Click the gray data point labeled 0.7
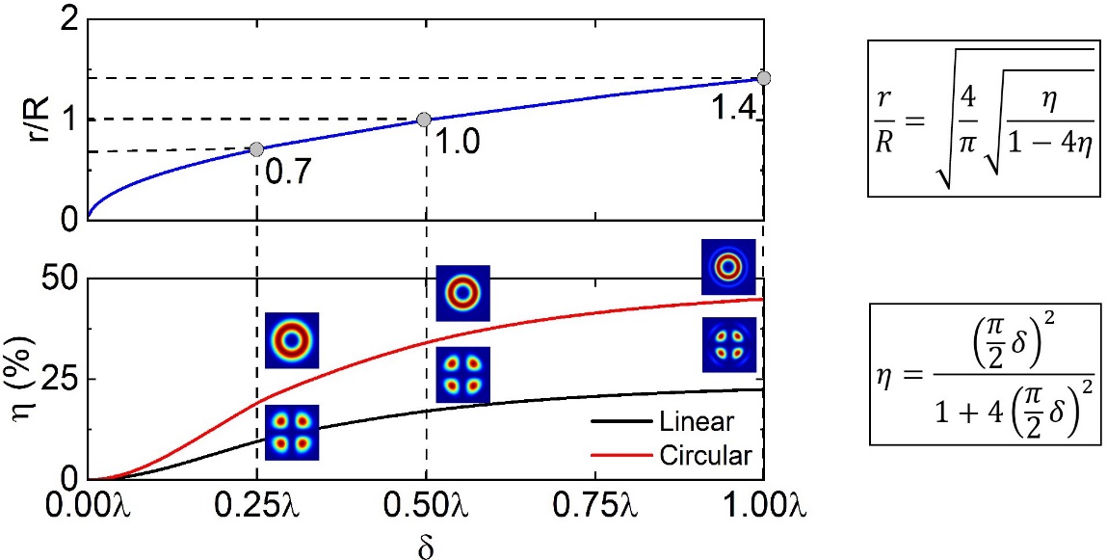pos(256,149)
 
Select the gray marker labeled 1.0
pos(424,120)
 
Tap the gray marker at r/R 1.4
pos(763,77)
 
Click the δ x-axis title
pos(425,545)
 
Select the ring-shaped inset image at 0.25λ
pos(291,339)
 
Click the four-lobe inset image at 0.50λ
pos(463,375)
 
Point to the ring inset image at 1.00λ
pos(728,266)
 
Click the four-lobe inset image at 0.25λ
pos(291,433)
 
